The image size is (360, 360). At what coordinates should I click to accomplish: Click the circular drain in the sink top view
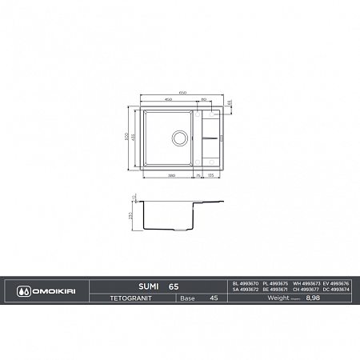[178, 138]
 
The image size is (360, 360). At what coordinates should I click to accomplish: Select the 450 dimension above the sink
[169, 99]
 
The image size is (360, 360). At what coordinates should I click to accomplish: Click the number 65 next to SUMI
[174, 283]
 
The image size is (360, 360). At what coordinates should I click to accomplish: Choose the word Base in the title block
[188, 298]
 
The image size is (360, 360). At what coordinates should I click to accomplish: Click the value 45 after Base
[214, 298]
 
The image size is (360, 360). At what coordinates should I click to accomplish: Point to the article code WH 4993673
[305, 282]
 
